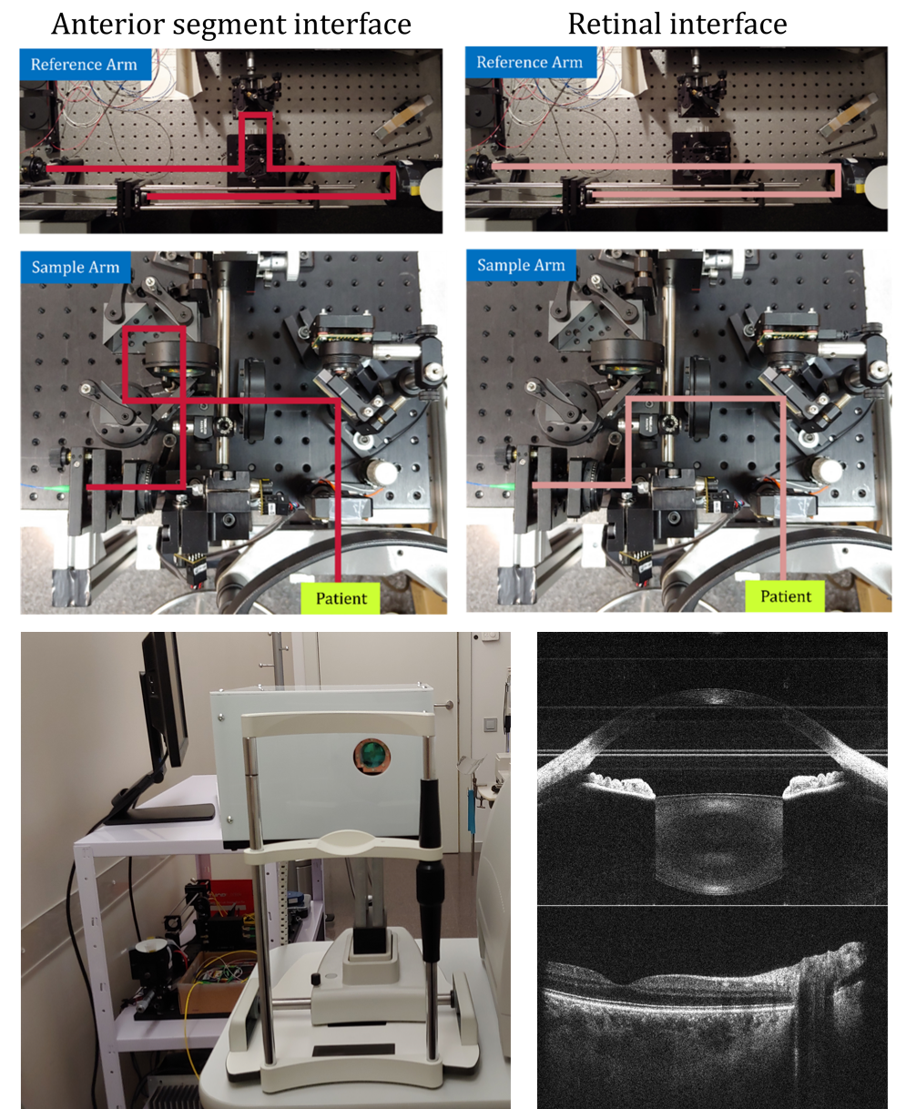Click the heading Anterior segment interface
[x=231, y=24]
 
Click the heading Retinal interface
[x=677, y=24]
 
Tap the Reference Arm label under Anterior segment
[x=84, y=64]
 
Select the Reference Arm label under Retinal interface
[x=530, y=62]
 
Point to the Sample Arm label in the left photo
[x=76, y=267]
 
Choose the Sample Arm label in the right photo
[x=521, y=265]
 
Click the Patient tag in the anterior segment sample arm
[x=341, y=598]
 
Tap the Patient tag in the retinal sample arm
[x=785, y=596]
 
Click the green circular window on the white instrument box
[x=372, y=756]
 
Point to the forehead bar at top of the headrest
[x=338, y=723]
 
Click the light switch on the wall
[x=490, y=725]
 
